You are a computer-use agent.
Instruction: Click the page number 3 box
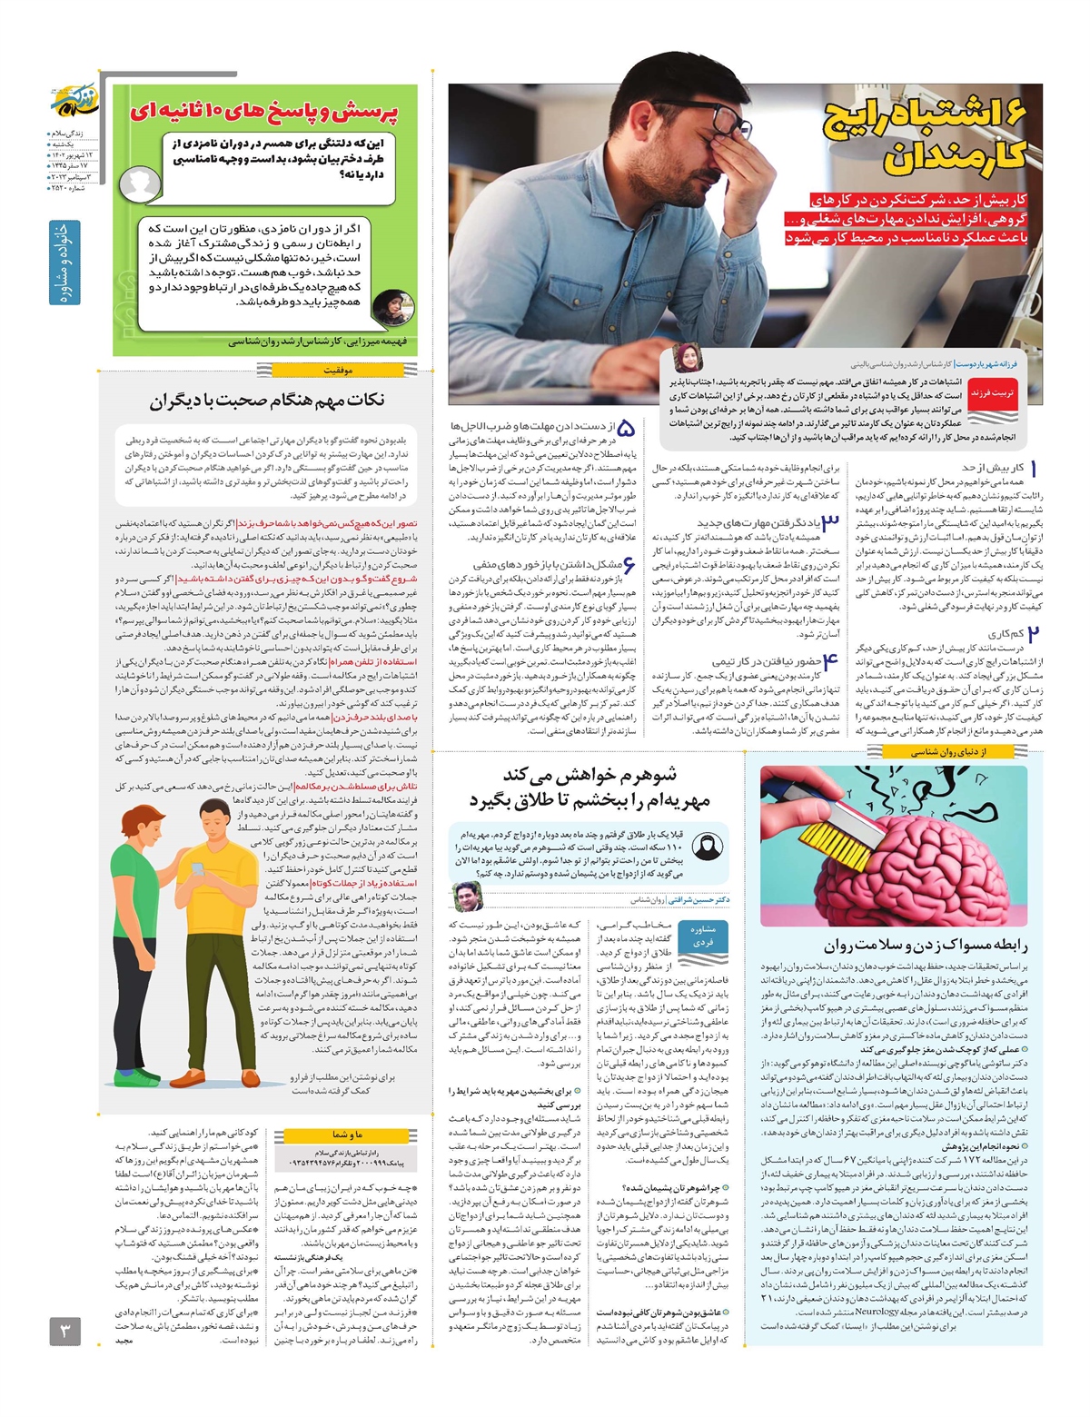[x=64, y=1332]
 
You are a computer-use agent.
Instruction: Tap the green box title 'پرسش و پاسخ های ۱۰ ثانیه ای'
[x=263, y=112]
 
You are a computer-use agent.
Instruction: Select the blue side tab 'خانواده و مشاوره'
[x=64, y=263]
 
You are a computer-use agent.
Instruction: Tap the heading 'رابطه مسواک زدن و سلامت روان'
[x=926, y=944]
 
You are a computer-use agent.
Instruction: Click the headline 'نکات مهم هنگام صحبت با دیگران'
[x=267, y=401]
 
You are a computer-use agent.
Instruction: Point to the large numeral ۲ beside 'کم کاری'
[x=1033, y=635]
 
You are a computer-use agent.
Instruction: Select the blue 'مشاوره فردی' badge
[x=702, y=936]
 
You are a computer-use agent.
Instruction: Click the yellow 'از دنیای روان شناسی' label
[x=948, y=751]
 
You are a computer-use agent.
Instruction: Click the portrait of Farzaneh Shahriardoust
[x=687, y=360]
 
